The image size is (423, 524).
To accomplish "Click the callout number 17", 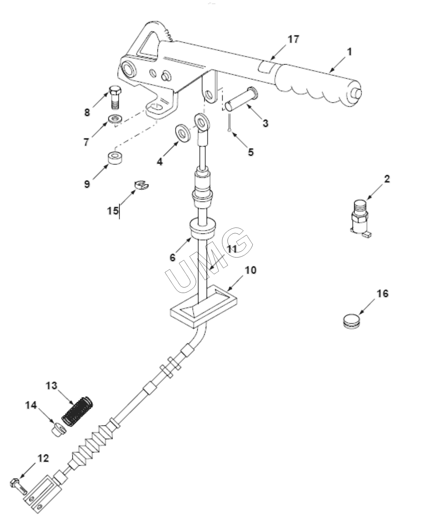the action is tap(293, 39).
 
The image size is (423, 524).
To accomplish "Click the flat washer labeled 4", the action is tap(183, 133).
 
